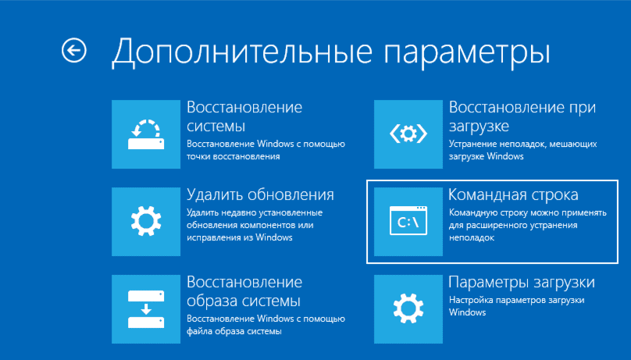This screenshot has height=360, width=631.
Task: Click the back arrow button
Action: click(74, 51)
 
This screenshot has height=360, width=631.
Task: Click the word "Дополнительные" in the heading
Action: click(242, 52)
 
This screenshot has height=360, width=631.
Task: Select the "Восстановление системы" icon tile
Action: click(146, 134)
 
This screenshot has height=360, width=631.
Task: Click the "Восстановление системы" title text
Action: click(244, 116)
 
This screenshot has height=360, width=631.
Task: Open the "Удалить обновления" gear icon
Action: click(146, 222)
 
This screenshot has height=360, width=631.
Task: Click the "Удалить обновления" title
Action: click(260, 194)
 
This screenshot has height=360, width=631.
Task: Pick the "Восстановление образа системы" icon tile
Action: click(146, 309)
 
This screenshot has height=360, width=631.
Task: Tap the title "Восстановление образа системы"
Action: click(244, 291)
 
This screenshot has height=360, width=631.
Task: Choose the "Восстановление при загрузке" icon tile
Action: click(408, 134)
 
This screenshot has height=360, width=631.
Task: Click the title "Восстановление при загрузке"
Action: click(522, 116)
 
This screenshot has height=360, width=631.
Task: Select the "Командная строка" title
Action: click(513, 194)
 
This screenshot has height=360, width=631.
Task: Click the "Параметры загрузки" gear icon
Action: click(408, 309)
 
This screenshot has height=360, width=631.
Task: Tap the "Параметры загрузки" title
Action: click(522, 283)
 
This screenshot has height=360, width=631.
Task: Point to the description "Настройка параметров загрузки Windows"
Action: click(517, 306)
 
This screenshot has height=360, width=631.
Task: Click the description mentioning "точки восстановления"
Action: click(266, 150)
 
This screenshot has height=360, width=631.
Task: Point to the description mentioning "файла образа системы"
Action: click(266, 325)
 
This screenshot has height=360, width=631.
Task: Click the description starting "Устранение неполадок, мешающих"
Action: click(522, 150)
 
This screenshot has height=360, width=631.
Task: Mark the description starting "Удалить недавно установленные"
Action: click(255, 225)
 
